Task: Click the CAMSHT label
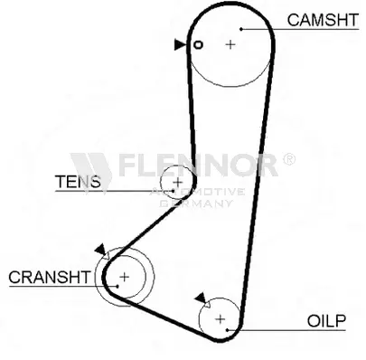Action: point(323,20)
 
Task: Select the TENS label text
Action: point(78,182)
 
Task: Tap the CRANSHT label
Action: point(50,277)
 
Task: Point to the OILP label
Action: point(326,321)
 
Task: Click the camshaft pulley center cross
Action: point(230,44)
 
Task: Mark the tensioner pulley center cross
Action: point(178,182)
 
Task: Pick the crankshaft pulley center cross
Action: point(124,277)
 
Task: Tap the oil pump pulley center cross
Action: point(221,319)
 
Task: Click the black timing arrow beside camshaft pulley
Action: point(180,45)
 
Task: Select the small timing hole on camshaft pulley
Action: point(198,45)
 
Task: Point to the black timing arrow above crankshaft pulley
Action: point(99,250)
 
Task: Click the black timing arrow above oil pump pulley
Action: point(200,298)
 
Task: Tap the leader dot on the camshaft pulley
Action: point(241,29)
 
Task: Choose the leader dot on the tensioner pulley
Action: point(173,191)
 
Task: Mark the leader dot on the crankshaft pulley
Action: point(117,286)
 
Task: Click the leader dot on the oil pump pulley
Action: point(228,330)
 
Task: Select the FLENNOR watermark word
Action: point(198,166)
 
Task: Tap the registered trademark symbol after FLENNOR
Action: point(289,159)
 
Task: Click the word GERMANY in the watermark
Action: point(196,204)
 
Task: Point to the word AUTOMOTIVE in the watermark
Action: point(197,192)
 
